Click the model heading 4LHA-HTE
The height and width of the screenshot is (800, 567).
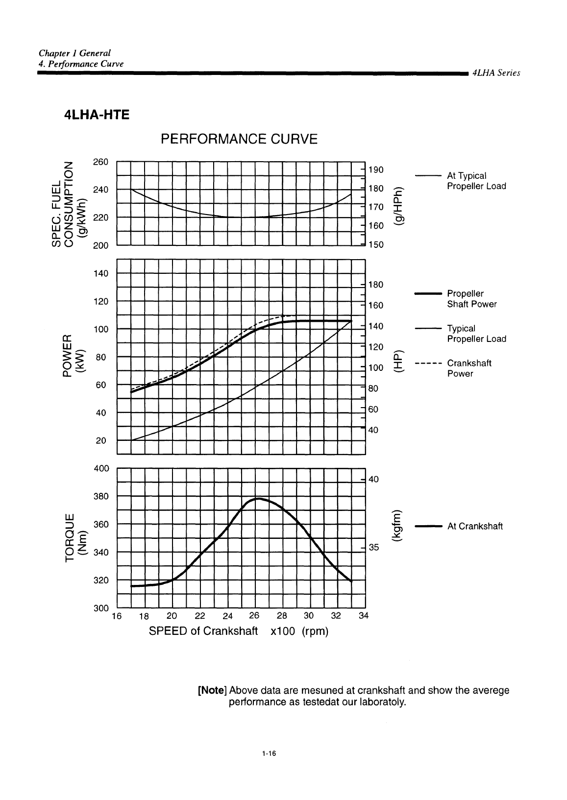coord(97,115)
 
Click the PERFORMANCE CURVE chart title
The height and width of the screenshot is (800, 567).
coord(239,140)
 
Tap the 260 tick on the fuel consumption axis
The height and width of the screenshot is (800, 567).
coord(100,162)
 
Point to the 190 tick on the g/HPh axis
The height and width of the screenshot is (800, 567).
coord(376,170)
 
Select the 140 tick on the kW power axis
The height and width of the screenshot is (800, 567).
coord(100,273)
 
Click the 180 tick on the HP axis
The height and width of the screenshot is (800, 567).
coord(376,285)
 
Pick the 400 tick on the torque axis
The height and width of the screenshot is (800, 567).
coord(100,468)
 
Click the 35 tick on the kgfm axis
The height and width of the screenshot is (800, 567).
coord(373,548)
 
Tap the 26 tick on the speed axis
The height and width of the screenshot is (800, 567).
coord(254,616)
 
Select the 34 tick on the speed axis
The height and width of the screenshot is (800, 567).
coord(363,616)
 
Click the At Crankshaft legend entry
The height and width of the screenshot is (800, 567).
coord(475,527)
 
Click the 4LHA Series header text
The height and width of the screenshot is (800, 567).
coord(495,73)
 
